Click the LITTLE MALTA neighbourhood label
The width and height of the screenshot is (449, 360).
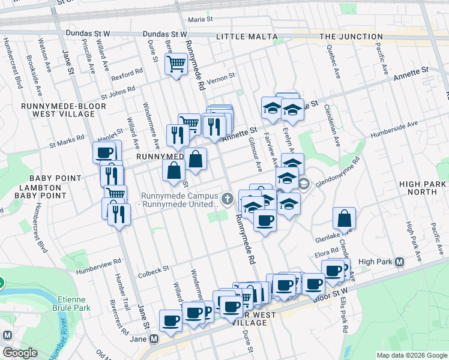246,37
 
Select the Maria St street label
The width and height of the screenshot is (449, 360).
200,20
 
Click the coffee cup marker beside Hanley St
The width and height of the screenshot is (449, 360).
104,152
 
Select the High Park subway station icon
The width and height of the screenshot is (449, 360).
400,262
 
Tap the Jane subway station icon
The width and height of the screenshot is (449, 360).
154,339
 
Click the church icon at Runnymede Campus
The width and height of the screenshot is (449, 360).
227,198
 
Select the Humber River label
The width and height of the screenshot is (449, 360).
58,340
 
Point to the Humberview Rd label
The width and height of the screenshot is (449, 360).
98,263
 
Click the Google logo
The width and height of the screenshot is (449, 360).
20,353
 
